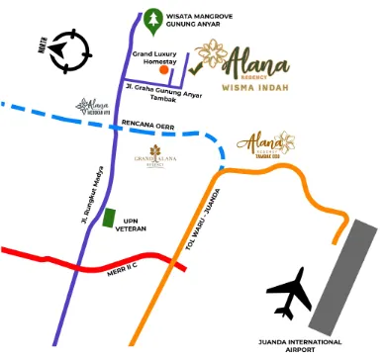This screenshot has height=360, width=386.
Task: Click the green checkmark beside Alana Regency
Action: tap(195, 68)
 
